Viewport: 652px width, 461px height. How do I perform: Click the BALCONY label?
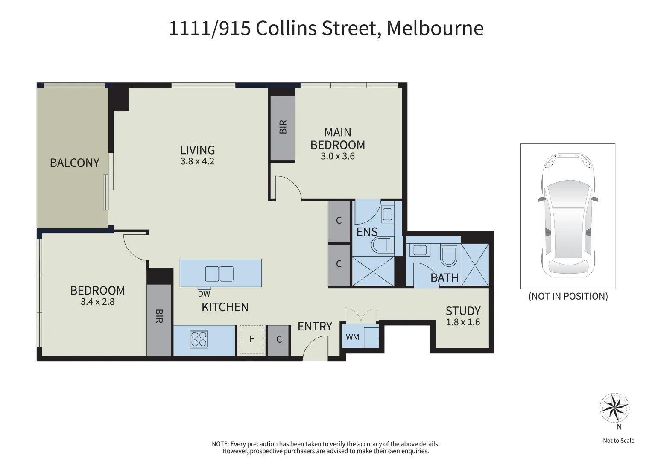click(75, 163)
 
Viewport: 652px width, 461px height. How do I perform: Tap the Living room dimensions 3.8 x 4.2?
click(197, 161)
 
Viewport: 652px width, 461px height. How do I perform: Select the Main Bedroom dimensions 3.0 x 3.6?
click(338, 156)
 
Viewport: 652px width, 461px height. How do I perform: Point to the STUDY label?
click(463, 311)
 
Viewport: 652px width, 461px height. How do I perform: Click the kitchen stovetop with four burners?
click(199, 339)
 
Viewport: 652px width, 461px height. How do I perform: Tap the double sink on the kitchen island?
click(219, 274)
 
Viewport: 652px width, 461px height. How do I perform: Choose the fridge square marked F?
click(251, 339)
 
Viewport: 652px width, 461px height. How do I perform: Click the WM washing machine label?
click(352, 337)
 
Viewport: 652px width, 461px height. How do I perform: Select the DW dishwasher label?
click(204, 294)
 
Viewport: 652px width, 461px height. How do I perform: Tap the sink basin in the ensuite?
click(387, 214)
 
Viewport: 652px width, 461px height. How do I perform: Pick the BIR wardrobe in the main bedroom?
click(282, 128)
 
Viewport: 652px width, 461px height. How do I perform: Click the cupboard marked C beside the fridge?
click(279, 340)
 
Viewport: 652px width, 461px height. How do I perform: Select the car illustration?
click(567, 215)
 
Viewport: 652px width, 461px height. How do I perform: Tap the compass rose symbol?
click(614, 408)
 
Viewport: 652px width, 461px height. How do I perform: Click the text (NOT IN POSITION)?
click(568, 296)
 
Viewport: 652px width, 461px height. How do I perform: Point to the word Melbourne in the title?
click(435, 28)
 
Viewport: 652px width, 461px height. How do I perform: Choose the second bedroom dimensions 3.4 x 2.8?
click(97, 302)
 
